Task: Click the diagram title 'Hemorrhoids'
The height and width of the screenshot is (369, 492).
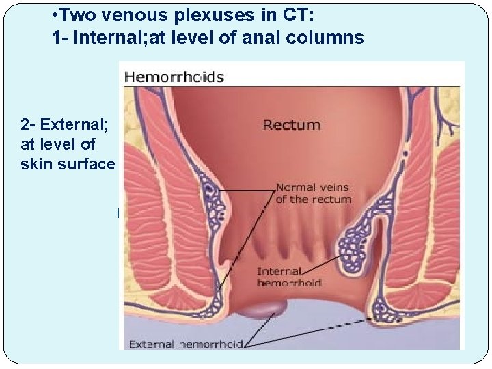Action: [x=174, y=77]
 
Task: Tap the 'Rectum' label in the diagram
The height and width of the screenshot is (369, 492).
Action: [x=292, y=125]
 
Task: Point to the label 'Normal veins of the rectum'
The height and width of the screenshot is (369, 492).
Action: [x=313, y=193]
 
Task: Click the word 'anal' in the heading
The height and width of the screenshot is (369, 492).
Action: [x=271, y=37]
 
